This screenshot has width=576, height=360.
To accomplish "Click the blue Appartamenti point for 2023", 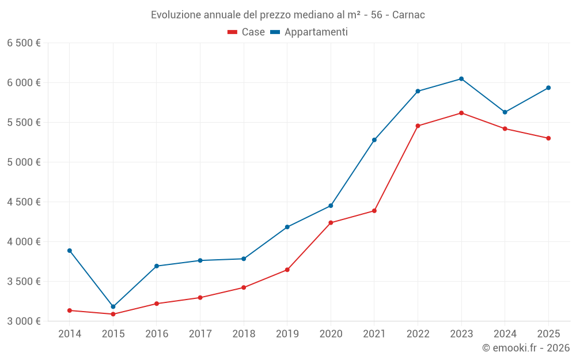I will [x=461, y=79].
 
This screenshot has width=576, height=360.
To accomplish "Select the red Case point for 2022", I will [x=418, y=126].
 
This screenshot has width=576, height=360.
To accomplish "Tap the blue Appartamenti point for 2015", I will [x=113, y=306].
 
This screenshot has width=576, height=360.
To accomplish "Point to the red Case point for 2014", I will [x=70, y=310].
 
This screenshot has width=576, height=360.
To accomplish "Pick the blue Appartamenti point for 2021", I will [x=374, y=140].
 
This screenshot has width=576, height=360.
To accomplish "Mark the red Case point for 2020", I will [x=331, y=222].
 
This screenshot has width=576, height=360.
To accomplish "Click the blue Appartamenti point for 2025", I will [x=548, y=88].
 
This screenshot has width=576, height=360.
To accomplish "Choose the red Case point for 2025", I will [x=548, y=138].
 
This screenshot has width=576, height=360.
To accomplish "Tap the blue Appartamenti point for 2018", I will [x=244, y=259].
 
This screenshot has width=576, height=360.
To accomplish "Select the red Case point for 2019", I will [x=287, y=270].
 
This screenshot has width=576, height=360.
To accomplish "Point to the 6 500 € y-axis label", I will [x=24, y=43].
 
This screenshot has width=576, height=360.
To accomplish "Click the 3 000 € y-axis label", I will [x=24, y=321].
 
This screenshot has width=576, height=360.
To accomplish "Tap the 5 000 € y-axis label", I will [x=24, y=162].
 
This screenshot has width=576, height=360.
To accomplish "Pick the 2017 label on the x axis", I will [x=200, y=334].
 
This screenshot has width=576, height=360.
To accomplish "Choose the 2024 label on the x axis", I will [x=505, y=334].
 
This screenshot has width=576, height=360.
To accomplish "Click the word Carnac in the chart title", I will [x=408, y=15].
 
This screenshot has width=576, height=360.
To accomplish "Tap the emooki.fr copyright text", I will [x=526, y=348].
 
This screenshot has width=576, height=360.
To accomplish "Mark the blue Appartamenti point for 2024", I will [x=505, y=112].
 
